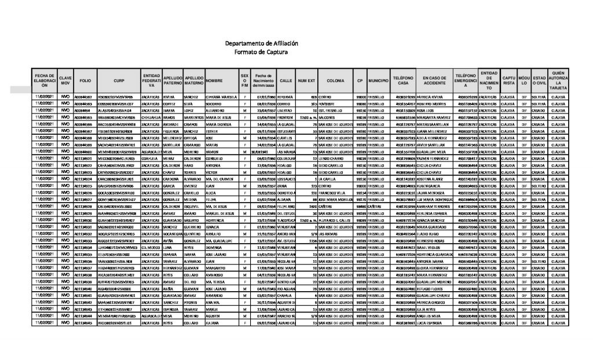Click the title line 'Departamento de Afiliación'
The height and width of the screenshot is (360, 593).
pyautogui.click(x=261, y=43)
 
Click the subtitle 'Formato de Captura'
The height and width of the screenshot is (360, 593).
pyautogui.click(x=261, y=52)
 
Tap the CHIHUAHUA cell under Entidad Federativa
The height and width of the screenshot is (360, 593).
pyautogui.click(x=151, y=117)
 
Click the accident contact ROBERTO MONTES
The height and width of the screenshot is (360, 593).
pyautogui.click(x=429, y=103)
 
